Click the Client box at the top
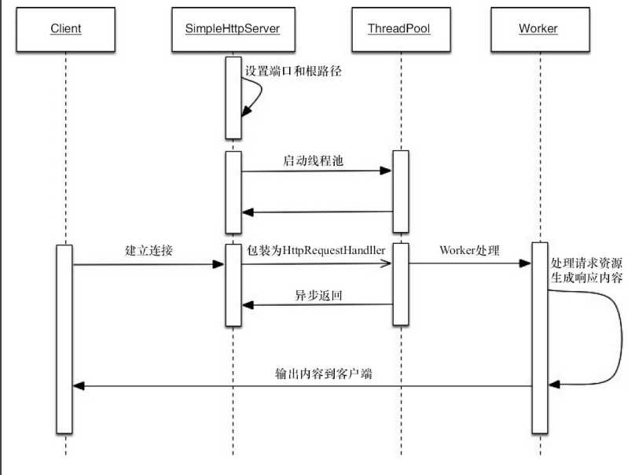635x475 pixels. click(65, 28)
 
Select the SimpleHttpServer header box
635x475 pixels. click(233, 28)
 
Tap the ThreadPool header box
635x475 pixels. click(398, 28)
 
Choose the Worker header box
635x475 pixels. click(538, 28)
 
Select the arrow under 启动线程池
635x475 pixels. click(314, 171)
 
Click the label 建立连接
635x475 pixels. click(148, 252)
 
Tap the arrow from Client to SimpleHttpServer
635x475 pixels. click(148, 265)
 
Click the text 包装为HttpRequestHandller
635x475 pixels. click(316, 250)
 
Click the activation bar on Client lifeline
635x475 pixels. click(65, 338)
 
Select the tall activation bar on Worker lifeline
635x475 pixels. click(540, 338)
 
